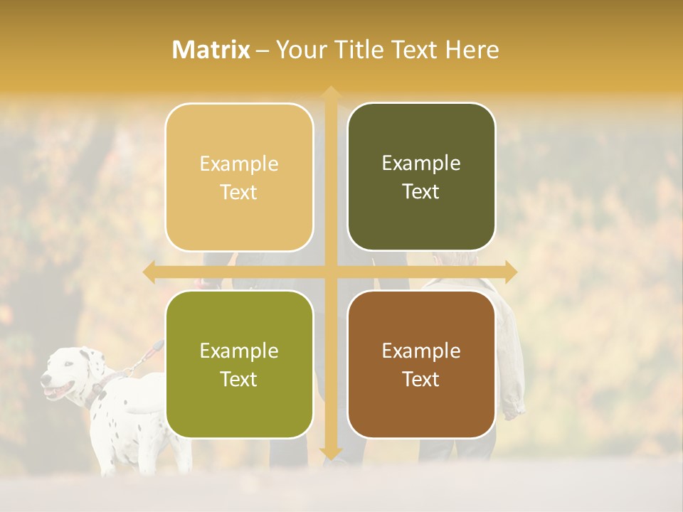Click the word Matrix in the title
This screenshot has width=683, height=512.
(211, 50)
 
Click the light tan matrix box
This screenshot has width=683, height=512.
(239, 177)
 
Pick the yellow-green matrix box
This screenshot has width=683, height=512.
(239, 364)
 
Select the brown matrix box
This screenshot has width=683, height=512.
(421, 364)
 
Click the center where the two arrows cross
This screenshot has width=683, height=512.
(330, 272)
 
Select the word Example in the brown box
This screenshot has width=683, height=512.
(421, 351)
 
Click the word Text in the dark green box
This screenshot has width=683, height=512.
(421, 191)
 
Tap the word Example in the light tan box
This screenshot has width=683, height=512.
(239, 164)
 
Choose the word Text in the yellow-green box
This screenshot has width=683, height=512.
(239, 379)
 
